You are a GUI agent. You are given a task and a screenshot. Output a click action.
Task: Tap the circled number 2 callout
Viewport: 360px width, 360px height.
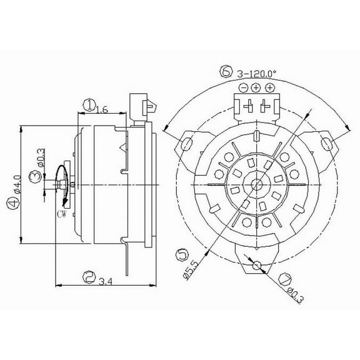click(89, 275)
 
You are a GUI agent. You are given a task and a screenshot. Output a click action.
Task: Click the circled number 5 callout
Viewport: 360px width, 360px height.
click(182, 254)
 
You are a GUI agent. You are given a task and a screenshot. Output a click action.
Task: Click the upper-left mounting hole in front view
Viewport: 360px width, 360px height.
click(186, 144)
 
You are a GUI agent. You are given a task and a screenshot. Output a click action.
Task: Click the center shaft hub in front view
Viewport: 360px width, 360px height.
click(256, 184)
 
